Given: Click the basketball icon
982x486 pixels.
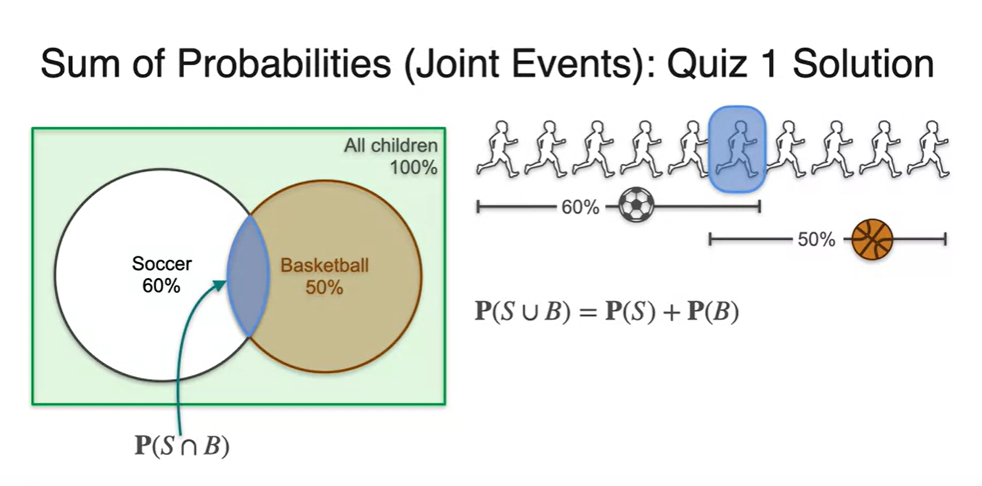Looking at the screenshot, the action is pos(871,239).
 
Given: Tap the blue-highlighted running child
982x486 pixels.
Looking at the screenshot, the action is pos(736,150).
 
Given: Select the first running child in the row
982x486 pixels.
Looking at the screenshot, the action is pos(497,150).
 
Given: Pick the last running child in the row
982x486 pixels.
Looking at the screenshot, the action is pos(929,150).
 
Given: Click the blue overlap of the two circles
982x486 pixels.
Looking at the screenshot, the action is pos(248,275).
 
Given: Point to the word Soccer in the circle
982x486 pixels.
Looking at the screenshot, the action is pos(162,263).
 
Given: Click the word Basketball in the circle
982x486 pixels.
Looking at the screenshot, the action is pos(324,265).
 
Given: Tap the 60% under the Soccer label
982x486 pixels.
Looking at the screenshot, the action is pos(161,286).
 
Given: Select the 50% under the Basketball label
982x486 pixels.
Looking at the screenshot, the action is pos(324,287).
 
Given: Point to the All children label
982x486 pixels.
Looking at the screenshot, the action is pos(390,146).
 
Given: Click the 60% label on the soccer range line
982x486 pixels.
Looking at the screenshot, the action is pos(580,207).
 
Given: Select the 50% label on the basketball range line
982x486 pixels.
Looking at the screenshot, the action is pos(816,240).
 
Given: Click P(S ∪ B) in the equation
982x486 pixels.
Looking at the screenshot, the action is pos(520,312).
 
